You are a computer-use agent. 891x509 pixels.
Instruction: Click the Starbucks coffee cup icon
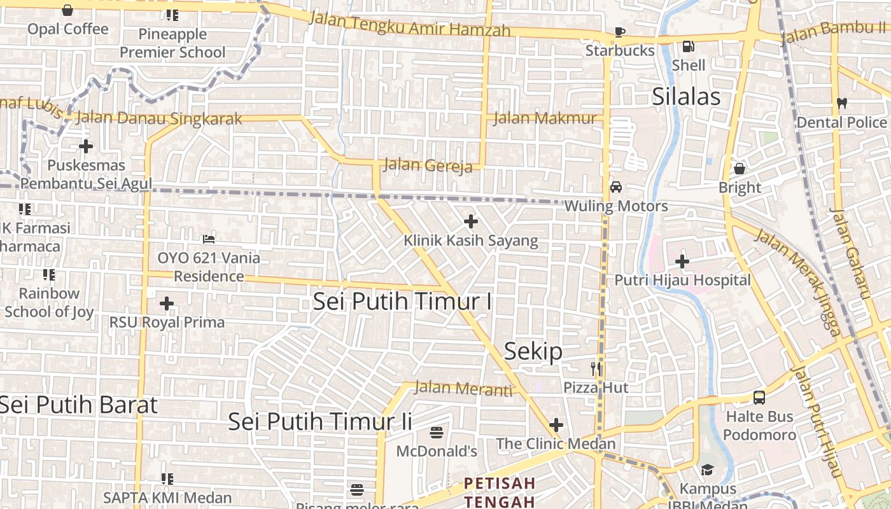click(x=620, y=32)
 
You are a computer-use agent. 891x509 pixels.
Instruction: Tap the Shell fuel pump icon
click(x=688, y=46)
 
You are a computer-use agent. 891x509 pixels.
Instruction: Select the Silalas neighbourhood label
click(x=686, y=97)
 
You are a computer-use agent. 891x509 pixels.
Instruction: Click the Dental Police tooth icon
click(x=841, y=103)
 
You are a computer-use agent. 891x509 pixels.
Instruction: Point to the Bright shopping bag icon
click(x=740, y=169)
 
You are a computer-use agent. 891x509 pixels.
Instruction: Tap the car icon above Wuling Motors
click(x=616, y=187)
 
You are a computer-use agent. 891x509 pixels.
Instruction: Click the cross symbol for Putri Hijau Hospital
click(x=682, y=261)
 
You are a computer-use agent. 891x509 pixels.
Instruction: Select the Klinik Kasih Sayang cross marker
click(x=471, y=221)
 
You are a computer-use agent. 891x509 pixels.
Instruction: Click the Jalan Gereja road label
click(x=428, y=165)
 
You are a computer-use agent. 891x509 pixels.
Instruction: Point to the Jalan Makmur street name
click(x=545, y=118)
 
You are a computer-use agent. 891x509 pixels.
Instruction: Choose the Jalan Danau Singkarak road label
click(x=159, y=118)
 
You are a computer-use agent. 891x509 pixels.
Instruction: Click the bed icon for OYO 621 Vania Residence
click(x=209, y=239)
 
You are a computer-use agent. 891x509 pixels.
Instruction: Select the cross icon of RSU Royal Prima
click(x=167, y=303)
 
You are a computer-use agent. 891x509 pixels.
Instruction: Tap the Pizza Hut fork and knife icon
click(x=596, y=368)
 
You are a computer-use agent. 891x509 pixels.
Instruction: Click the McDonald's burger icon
click(x=437, y=433)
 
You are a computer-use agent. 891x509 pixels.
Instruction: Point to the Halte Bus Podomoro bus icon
click(x=759, y=398)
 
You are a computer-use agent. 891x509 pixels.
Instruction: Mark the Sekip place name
click(x=533, y=351)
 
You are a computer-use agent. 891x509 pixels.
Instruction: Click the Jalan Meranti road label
click(x=463, y=388)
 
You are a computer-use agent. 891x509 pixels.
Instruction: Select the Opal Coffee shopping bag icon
click(x=67, y=10)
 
